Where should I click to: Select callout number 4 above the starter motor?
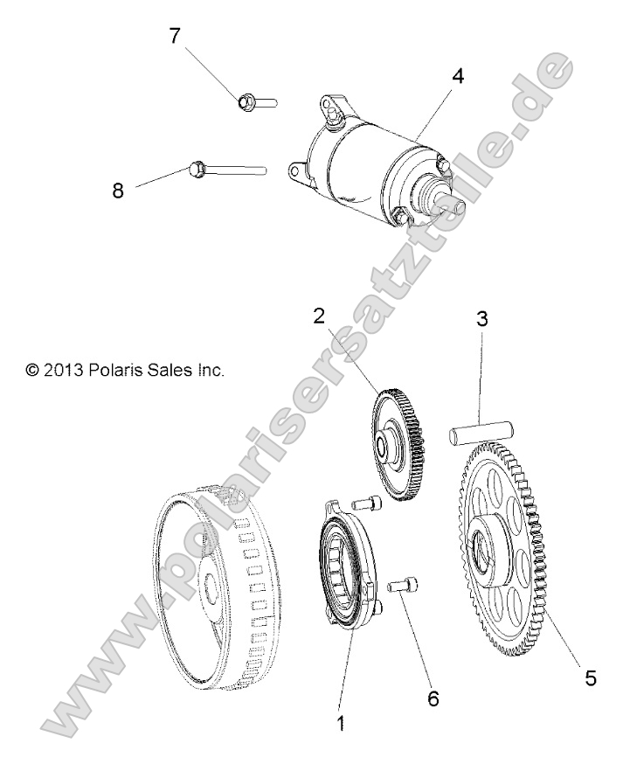click(457, 75)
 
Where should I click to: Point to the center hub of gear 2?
click(384, 447)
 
